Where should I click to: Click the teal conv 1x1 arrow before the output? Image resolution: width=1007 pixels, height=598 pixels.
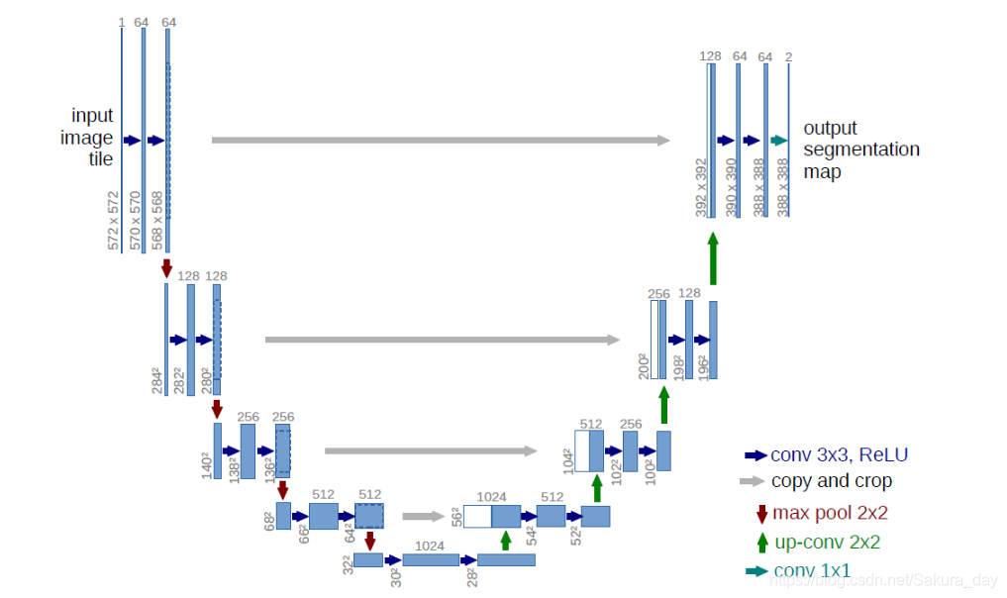click(778, 141)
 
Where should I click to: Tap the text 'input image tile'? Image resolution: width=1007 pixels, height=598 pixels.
click(92, 138)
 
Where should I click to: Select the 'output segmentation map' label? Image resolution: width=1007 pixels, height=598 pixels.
click(860, 149)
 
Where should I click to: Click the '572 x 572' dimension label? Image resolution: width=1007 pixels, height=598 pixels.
click(113, 221)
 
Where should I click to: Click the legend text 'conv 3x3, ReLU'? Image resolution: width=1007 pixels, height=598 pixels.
click(839, 455)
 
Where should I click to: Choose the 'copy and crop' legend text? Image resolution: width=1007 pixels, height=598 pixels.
click(831, 481)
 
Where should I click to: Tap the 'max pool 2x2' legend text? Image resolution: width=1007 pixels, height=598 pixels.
click(830, 513)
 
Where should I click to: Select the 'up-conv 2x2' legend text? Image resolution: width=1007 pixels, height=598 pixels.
click(826, 542)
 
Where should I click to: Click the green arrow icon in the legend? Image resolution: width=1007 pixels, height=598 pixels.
click(761, 542)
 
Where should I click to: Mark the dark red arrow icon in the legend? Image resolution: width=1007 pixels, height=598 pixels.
click(761, 513)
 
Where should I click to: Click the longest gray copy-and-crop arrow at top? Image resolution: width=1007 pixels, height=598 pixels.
click(441, 141)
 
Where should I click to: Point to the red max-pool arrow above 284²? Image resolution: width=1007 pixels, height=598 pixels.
click(166, 267)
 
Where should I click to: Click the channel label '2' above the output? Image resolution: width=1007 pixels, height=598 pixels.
click(788, 56)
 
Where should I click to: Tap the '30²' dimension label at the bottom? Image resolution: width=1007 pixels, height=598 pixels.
click(396, 576)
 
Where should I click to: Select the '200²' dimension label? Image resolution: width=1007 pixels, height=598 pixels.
click(643, 366)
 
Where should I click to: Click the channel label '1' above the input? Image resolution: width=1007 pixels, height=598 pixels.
click(121, 22)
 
